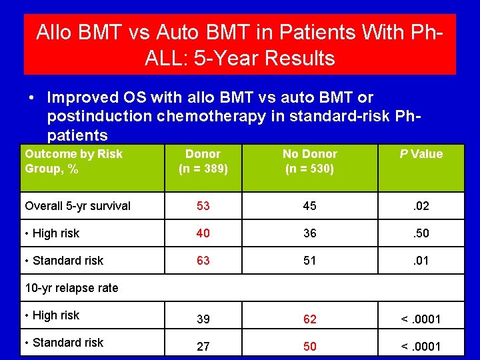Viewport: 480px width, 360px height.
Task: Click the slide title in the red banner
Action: point(240,45)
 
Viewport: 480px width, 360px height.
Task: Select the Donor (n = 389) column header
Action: point(203,161)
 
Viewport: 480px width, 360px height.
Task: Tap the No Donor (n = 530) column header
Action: point(310,161)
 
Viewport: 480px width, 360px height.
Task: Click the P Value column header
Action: point(421,154)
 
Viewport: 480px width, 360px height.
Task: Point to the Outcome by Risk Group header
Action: point(73,161)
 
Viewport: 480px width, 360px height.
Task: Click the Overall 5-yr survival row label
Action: point(77,206)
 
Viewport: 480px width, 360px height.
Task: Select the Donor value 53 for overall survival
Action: point(203,206)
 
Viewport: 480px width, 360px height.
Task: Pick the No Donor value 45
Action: point(310,206)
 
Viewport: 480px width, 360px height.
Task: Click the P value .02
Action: point(421,206)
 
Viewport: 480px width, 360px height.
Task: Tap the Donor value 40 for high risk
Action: point(203,233)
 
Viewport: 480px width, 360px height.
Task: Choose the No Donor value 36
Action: point(310,233)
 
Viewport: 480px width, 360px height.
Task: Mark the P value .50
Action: point(421,233)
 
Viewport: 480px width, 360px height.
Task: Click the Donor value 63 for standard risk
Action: point(203,261)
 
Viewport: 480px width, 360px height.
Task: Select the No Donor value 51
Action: point(310,261)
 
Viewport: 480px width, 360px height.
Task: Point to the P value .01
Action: point(421,261)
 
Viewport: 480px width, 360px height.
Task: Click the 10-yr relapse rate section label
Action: point(71,288)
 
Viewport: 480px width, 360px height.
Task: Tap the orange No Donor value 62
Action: point(310,319)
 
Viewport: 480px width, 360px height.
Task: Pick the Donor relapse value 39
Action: point(203,319)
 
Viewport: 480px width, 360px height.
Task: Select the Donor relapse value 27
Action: point(203,347)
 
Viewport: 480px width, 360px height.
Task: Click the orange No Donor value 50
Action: point(310,347)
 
